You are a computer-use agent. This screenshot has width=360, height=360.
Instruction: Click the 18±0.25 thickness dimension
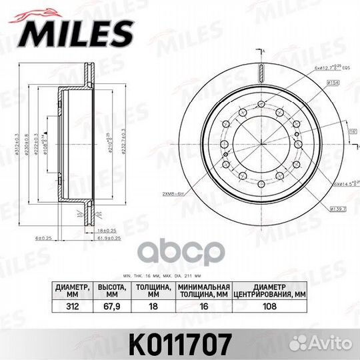(101, 229)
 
